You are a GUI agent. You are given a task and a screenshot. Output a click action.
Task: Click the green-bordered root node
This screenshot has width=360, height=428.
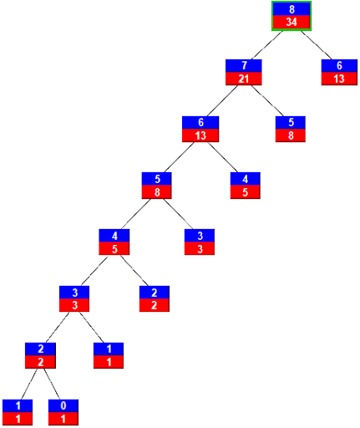[x=292, y=16]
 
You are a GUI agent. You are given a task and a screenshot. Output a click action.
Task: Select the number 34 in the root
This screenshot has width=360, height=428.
[x=292, y=23]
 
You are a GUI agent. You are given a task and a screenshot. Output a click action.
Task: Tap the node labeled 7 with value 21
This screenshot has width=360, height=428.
[x=244, y=72]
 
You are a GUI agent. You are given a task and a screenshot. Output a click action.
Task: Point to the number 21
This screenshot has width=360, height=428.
[x=244, y=79]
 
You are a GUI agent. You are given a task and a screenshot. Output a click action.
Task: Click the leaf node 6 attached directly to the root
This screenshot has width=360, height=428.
[x=339, y=72]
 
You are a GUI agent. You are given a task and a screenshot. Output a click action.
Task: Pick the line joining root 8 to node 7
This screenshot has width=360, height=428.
[x=266, y=45]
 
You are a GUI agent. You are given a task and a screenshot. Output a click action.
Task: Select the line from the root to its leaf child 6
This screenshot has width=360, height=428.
[x=317, y=45]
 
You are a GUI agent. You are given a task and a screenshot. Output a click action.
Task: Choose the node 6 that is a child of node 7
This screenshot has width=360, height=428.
[x=200, y=129]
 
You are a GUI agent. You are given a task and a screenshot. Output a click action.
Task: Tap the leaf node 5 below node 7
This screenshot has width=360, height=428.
[x=291, y=129]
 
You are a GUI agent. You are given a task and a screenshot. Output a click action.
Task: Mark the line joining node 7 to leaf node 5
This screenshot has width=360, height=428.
[x=267, y=100]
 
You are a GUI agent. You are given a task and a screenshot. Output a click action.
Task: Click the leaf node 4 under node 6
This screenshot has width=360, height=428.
[x=246, y=186]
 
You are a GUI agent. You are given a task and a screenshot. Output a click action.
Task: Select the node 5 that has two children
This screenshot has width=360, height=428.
[x=156, y=186]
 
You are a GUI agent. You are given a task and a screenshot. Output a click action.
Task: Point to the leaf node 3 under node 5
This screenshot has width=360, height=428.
[x=200, y=242]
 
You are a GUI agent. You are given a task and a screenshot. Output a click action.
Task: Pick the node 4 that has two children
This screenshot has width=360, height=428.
[x=114, y=242]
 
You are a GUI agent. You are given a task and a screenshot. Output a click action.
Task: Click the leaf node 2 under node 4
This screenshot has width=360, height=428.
[x=155, y=298]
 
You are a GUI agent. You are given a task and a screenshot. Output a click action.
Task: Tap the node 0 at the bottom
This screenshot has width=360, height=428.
[x=63, y=412]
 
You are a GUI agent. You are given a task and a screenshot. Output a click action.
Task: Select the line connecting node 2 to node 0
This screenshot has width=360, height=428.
[x=52, y=384]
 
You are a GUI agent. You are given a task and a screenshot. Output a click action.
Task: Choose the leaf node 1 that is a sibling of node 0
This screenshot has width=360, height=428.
[x=18, y=412]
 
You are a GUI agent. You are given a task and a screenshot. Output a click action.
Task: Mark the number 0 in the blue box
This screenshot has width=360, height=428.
[x=63, y=405]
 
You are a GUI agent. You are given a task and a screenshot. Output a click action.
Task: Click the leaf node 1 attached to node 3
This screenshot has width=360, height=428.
[x=109, y=355]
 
